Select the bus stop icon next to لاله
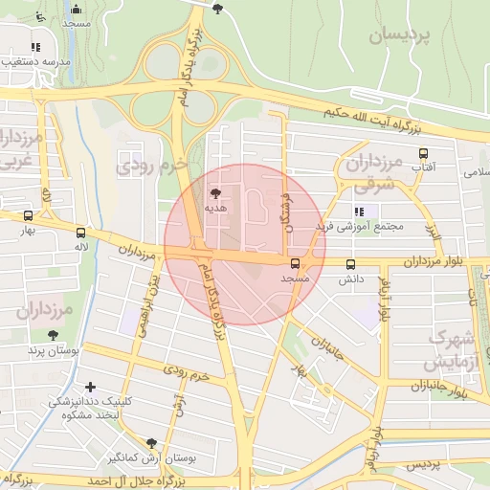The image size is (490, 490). pos(80,232)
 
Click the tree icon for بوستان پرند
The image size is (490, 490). pos(53,335)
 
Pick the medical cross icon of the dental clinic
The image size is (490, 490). pos(90,388)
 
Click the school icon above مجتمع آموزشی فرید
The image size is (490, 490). pos(359,212)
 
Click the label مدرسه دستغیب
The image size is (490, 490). pos(35,60)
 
